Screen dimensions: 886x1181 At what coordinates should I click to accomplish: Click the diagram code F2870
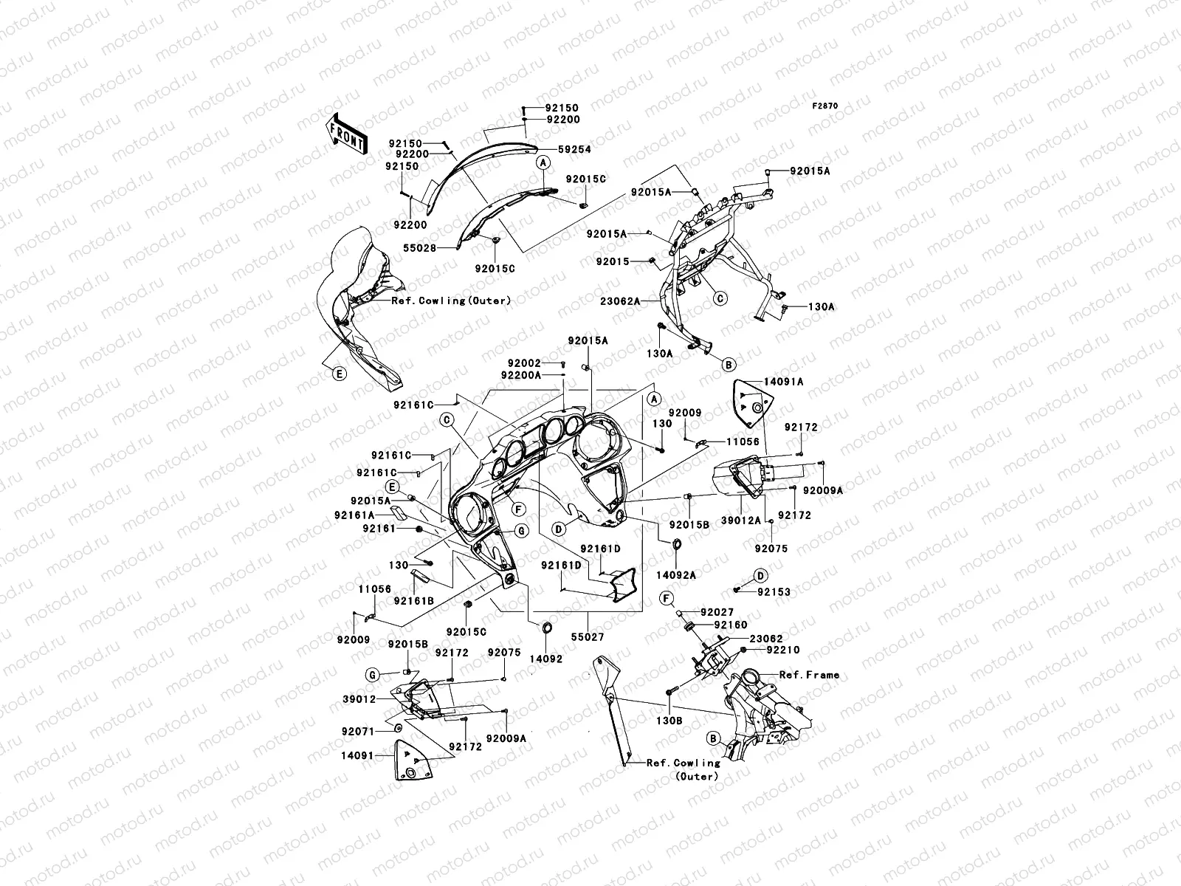pos(825,106)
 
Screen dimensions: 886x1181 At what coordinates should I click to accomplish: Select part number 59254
pos(574,149)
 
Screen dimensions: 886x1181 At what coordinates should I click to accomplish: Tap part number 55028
pos(419,249)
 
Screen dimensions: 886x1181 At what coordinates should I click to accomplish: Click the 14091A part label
pos(783,382)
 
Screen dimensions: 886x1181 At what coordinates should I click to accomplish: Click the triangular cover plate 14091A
pos(751,403)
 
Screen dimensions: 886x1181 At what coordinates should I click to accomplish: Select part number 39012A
pos(740,521)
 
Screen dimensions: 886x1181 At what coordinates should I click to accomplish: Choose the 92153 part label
pos(774,591)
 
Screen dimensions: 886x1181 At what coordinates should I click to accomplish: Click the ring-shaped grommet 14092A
pos(675,546)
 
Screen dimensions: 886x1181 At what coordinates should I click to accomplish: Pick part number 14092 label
pos(545,659)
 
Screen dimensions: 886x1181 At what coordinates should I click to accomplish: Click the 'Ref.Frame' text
pos(809,675)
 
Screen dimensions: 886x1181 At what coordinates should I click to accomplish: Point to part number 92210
pos(782,650)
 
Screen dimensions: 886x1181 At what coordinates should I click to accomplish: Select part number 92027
pos(717,612)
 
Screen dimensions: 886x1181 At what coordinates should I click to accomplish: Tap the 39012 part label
pos(360,698)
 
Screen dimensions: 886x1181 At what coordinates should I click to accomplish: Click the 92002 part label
pos(524,363)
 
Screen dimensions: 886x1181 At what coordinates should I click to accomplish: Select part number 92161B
pos(413,600)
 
